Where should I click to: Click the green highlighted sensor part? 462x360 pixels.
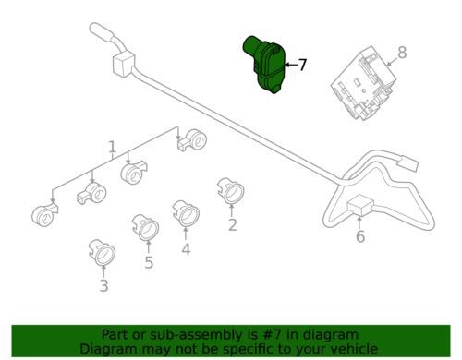263,64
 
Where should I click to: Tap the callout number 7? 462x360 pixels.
303,65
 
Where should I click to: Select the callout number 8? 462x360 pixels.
402,53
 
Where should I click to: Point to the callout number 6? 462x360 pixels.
360,236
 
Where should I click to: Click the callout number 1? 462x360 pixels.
113,147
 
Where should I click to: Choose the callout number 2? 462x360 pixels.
233,225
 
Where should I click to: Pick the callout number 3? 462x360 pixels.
104,285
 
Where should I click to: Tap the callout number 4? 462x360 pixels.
186,249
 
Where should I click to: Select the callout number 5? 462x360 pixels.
149,262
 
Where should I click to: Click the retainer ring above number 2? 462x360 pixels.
231,190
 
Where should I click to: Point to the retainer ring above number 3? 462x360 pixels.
102,252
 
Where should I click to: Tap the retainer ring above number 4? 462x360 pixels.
186,213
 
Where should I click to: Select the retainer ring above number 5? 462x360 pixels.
145,227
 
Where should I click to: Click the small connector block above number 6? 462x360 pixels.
360,205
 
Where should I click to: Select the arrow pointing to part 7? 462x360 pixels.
290,65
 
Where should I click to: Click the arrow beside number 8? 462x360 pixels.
393,61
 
